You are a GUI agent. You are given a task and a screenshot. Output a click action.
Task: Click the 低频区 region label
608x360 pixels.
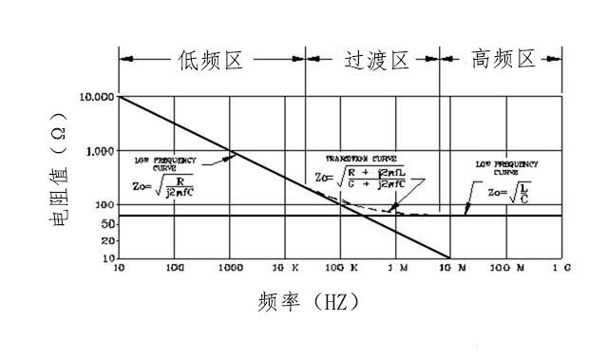coord(211,62)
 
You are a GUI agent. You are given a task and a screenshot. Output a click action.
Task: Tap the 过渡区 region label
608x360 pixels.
coord(374,62)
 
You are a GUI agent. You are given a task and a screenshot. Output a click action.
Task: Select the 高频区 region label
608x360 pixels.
coord(503,62)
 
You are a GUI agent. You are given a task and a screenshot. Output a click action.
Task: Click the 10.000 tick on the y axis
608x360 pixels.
coord(97,98)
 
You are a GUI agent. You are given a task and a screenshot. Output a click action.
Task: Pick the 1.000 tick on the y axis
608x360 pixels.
coord(100,151)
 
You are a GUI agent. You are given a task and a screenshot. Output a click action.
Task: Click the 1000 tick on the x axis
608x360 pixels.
coord(228,270)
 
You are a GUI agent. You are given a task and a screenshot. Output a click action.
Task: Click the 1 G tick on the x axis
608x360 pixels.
coord(561,270)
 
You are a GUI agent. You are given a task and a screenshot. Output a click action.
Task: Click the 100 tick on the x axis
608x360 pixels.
coord(175,270)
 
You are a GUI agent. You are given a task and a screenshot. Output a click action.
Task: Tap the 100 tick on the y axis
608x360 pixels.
coord(104,204)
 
